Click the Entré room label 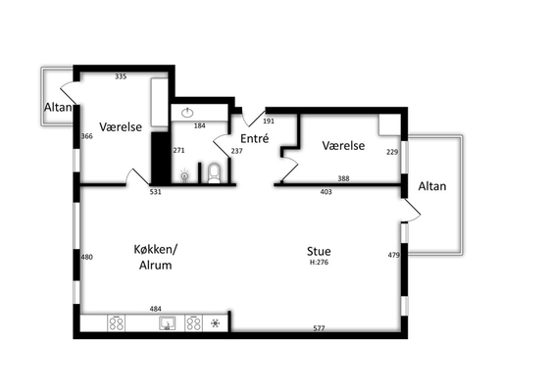(x=255, y=138)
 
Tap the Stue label (x=319, y=251)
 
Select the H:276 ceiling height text (x=319, y=263)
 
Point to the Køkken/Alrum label (x=156, y=257)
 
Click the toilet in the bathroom (x=214, y=173)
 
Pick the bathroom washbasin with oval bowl (x=187, y=113)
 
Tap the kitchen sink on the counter (x=168, y=323)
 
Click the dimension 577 (x=319, y=328)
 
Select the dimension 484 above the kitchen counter (x=155, y=309)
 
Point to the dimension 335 (x=121, y=76)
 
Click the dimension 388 (x=343, y=178)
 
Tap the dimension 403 (x=326, y=192)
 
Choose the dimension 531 (x=155, y=192)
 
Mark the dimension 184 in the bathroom (x=200, y=125)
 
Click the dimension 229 (x=392, y=152)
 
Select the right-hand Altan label (x=432, y=186)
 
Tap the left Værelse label (x=121, y=126)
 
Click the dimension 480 (x=87, y=257)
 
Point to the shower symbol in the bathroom (x=184, y=175)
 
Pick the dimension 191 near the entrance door (x=269, y=122)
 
